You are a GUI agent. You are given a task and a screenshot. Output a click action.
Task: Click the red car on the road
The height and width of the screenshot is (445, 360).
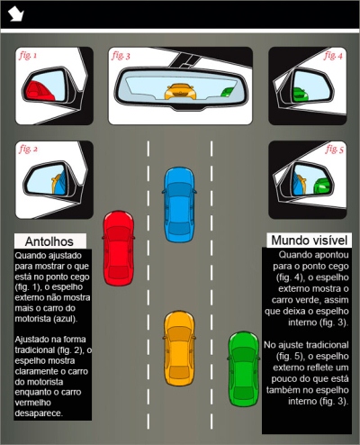pyautogui.click(x=119, y=248)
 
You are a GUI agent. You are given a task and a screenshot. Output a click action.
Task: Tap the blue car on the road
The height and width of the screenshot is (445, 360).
pyautogui.click(x=179, y=204)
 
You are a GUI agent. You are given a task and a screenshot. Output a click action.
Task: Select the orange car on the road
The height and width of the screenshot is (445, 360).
pyautogui.click(x=179, y=349)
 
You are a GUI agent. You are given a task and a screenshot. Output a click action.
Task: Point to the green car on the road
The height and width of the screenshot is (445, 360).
pyautogui.click(x=244, y=368)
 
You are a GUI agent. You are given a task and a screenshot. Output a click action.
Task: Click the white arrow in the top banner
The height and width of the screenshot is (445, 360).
pyautogui.click(x=16, y=14)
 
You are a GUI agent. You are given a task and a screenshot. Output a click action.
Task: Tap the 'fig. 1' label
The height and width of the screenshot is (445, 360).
pyautogui.click(x=28, y=56)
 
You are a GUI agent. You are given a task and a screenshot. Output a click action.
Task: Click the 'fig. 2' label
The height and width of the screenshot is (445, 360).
pyautogui.click(x=29, y=150)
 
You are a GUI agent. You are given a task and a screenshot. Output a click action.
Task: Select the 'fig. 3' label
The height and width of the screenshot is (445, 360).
pyautogui.click(x=121, y=56)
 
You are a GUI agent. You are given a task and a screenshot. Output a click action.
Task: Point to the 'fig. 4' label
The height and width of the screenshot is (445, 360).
pyautogui.click(x=333, y=56)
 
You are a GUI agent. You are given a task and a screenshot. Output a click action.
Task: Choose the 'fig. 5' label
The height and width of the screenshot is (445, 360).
pyautogui.click(x=334, y=150)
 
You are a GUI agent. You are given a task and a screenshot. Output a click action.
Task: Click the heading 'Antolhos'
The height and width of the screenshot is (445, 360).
pyautogui.click(x=49, y=241)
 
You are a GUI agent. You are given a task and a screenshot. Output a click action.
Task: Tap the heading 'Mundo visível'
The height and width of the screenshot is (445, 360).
pyautogui.click(x=310, y=241)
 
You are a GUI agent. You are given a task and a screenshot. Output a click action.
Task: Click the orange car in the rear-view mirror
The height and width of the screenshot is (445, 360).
pyautogui.click(x=180, y=92)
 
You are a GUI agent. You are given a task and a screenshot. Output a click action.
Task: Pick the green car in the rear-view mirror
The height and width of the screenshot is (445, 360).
pyautogui.click(x=227, y=92)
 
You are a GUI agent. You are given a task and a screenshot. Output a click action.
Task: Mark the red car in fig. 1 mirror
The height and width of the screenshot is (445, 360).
pyautogui.click(x=38, y=91)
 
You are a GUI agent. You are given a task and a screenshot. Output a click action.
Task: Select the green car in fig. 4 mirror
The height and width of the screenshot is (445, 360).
pyautogui.click(x=301, y=95)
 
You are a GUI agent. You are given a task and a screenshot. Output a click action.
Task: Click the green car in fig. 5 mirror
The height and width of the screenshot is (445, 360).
pyautogui.click(x=322, y=186)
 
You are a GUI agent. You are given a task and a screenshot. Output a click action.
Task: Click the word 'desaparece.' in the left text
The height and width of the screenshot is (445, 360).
pyautogui.click(x=39, y=413)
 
